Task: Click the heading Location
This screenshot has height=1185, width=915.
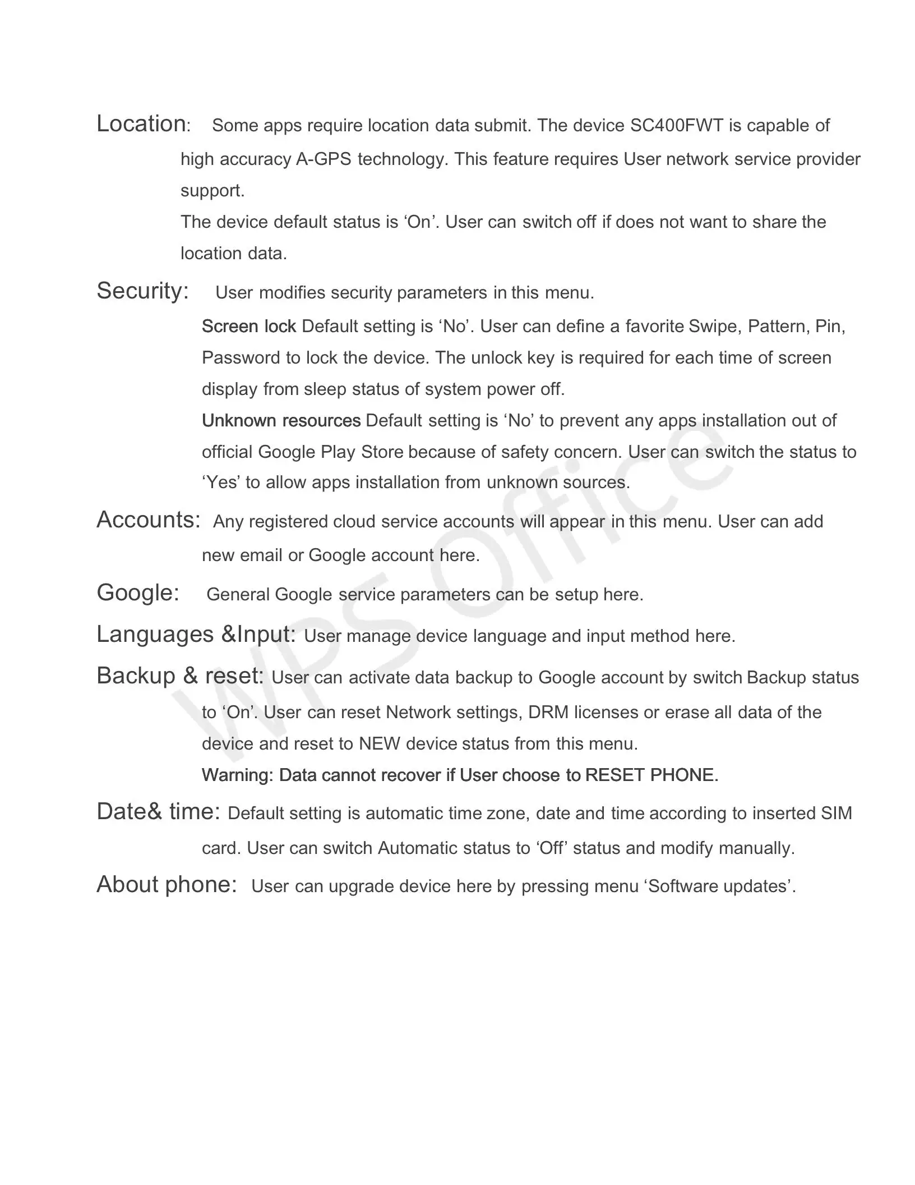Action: [141, 123]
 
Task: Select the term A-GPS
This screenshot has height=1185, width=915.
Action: [324, 159]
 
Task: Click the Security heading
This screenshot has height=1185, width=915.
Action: [142, 291]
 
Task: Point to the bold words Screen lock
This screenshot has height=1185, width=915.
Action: [248, 327]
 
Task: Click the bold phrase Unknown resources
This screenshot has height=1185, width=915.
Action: [281, 421]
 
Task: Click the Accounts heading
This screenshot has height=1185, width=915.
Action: [148, 520]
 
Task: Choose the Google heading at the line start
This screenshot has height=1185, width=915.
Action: [138, 592]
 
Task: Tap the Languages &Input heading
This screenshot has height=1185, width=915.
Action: [196, 634]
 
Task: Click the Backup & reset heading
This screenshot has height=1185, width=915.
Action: [180, 676]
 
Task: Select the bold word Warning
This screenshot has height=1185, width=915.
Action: [237, 775]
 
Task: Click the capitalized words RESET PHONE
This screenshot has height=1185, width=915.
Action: [651, 775]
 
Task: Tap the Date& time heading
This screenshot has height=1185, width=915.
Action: [158, 811]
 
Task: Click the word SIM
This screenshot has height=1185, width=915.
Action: [836, 814]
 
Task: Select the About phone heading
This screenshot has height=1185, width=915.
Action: [167, 884]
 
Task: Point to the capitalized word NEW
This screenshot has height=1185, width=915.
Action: [379, 744]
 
